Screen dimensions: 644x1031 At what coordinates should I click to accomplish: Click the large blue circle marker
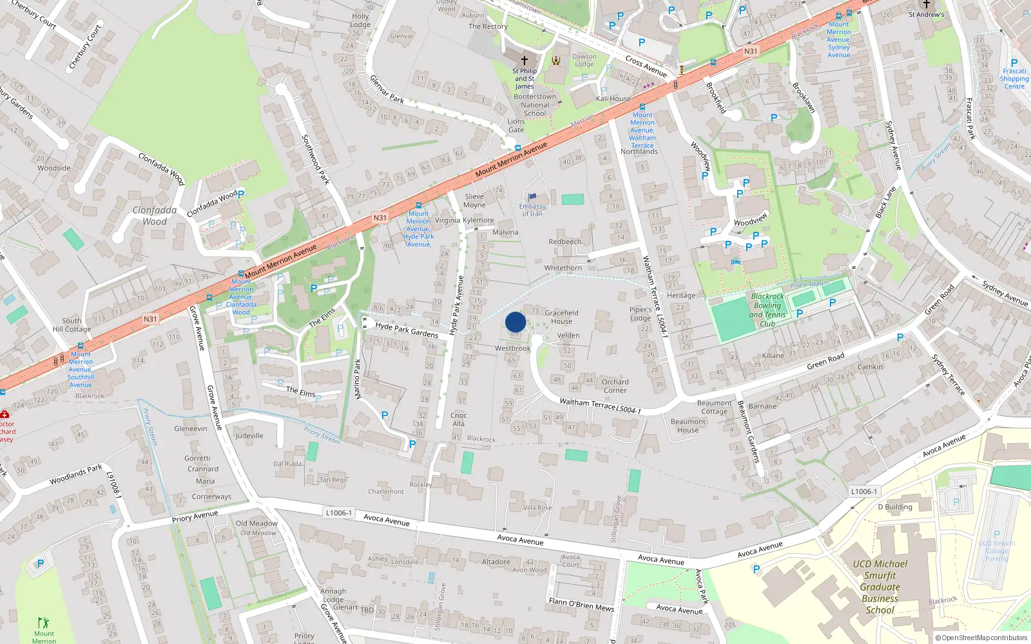pyautogui.click(x=515, y=322)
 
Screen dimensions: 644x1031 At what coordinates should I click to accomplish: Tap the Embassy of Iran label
pyautogui.click(x=533, y=210)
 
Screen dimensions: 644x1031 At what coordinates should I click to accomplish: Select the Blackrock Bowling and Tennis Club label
pyautogui.click(x=767, y=310)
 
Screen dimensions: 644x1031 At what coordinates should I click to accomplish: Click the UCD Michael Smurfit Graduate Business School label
pyautogui.click(x=880, y=587)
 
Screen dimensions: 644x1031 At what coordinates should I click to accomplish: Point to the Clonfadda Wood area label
pyautogui.click(x=155, y=216)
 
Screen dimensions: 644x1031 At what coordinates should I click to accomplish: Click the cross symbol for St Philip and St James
pyautogui.click(x=525, y=60)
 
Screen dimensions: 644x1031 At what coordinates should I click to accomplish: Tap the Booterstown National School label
pyautogui.click(x=535, y=105)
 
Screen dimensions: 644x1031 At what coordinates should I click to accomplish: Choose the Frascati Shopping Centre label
pyautogui.click(x=1014, y=79)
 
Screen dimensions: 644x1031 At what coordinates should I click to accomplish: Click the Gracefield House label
pyautogui.click(x=561, y=317)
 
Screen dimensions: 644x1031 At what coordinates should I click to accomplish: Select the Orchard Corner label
pyautogui.click(x=615, y=386)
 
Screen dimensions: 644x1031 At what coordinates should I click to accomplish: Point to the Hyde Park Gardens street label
pyautogui.click(x=407, y=330)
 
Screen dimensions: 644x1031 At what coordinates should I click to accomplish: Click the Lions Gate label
pyautogui.click(x=516, y=126)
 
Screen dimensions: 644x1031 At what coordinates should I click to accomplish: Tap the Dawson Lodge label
pyautogui.click(x=584, y=60)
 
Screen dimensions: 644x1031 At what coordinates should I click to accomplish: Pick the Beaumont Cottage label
pyautogui.click(x=714, y=407)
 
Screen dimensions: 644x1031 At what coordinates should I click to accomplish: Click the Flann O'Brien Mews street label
pyautogui.click(x=581, y=604)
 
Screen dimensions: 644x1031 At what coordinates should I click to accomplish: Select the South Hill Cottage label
pyautogui.click(x=72, y=325)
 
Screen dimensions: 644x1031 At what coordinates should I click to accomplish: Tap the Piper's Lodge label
pyautogui.click(x=641, y=314)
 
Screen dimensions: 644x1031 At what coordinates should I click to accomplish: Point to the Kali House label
pyautogui.click(x=613, y=99)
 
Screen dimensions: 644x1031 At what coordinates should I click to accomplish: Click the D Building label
pyautogui.click(x=895, y=507)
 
